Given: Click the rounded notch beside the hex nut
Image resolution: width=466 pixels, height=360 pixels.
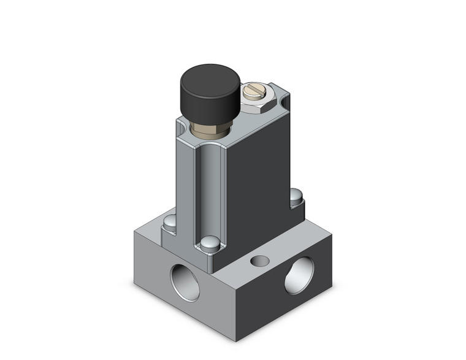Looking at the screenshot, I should (283, 98).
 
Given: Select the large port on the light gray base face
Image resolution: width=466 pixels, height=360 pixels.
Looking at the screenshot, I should (183, 281).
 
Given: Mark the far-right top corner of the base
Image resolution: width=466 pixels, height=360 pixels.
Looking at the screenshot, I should (332, 236).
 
